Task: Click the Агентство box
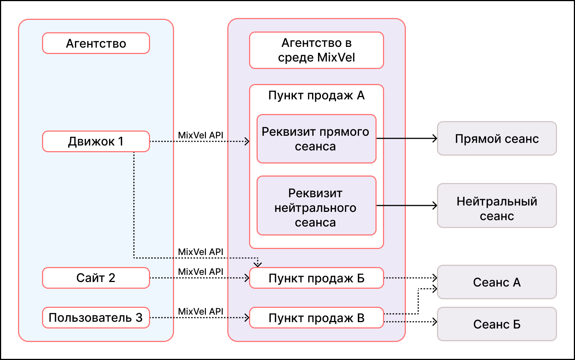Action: point(96,43)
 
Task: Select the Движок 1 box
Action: point(96,141)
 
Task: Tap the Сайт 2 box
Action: point(96,278)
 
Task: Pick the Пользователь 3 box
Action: point(96,318)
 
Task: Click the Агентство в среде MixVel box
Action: point(317,50)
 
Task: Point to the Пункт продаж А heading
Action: point(317,96)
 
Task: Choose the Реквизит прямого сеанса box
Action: point(317,139)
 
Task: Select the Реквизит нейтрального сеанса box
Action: point(317,206)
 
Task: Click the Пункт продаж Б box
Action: point(317,278)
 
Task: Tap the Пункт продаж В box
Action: point(317,318)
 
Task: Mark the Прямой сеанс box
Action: point(497,138)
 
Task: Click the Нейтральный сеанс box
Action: point(497,205)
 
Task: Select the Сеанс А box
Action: point(497,282)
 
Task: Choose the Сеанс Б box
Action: point(497,324)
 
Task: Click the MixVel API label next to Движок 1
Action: point(201,135)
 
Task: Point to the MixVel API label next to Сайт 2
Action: point(201,271)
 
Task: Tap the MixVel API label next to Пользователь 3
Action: point(201,311)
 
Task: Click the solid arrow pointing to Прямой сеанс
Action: point(407,138)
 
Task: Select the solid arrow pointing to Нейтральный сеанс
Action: point(407,205)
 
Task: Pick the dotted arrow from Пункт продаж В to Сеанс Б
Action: point(411,322)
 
